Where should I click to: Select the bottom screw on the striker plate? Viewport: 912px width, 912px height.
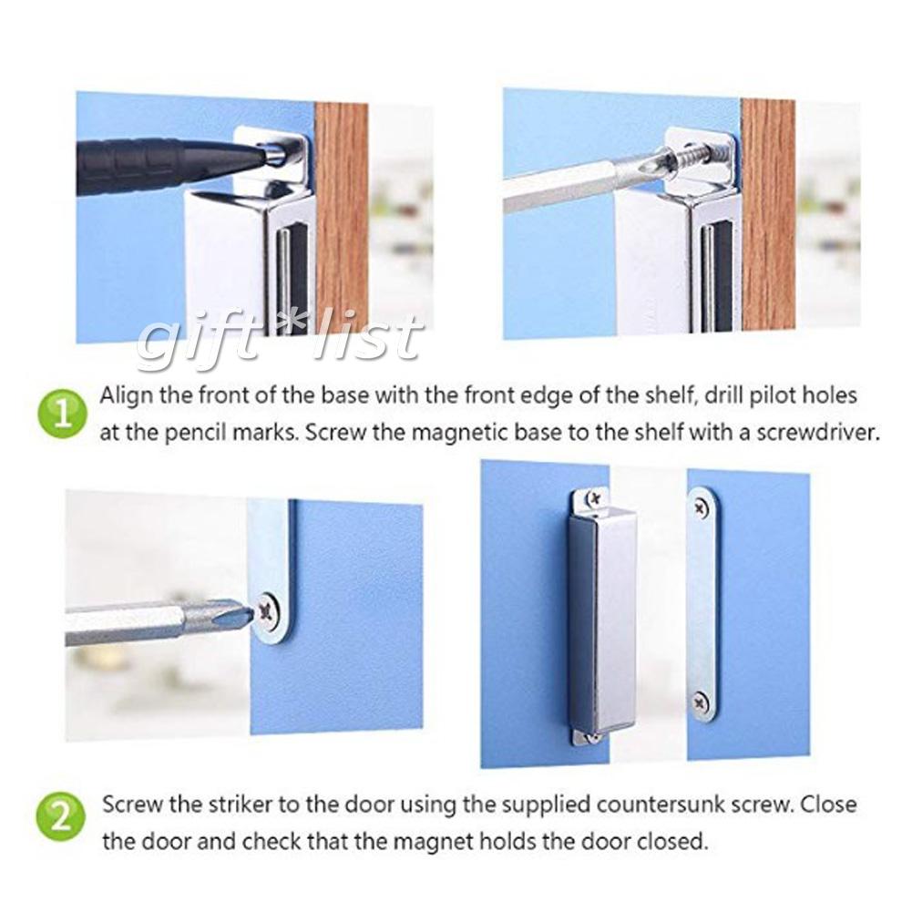pos(700,702)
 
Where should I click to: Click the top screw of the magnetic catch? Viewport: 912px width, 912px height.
pos(592,498)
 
